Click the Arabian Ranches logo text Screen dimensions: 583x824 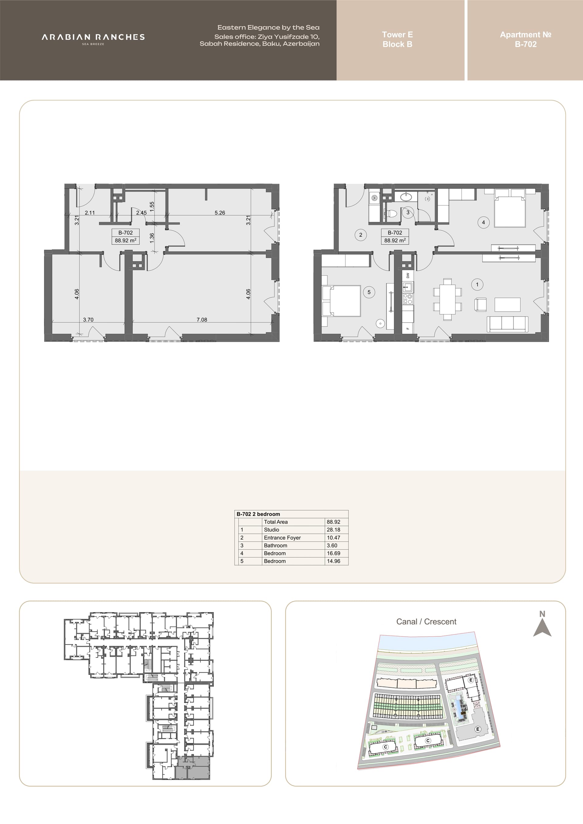93,37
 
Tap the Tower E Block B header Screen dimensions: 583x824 397,39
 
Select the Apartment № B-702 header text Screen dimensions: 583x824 526,39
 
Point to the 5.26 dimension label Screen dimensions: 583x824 220,212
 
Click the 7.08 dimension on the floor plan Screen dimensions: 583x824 202,319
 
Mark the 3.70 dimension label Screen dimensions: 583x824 88,319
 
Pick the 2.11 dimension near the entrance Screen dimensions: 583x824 90,212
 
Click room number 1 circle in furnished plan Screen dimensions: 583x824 477,285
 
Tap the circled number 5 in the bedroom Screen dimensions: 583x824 369,292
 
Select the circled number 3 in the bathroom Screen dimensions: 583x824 408,212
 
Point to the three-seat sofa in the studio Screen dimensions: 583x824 507,324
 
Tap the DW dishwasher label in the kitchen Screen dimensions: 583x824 408,275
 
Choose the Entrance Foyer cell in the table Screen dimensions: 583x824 282,537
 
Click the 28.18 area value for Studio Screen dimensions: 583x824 333,530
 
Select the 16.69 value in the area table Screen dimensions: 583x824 333,553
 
